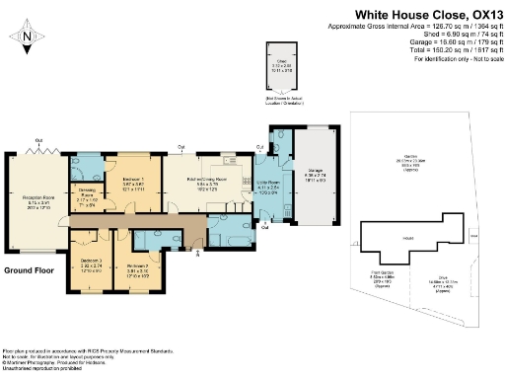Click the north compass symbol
click(x=29, y=37)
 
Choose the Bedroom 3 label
click(x=91, y=265)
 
